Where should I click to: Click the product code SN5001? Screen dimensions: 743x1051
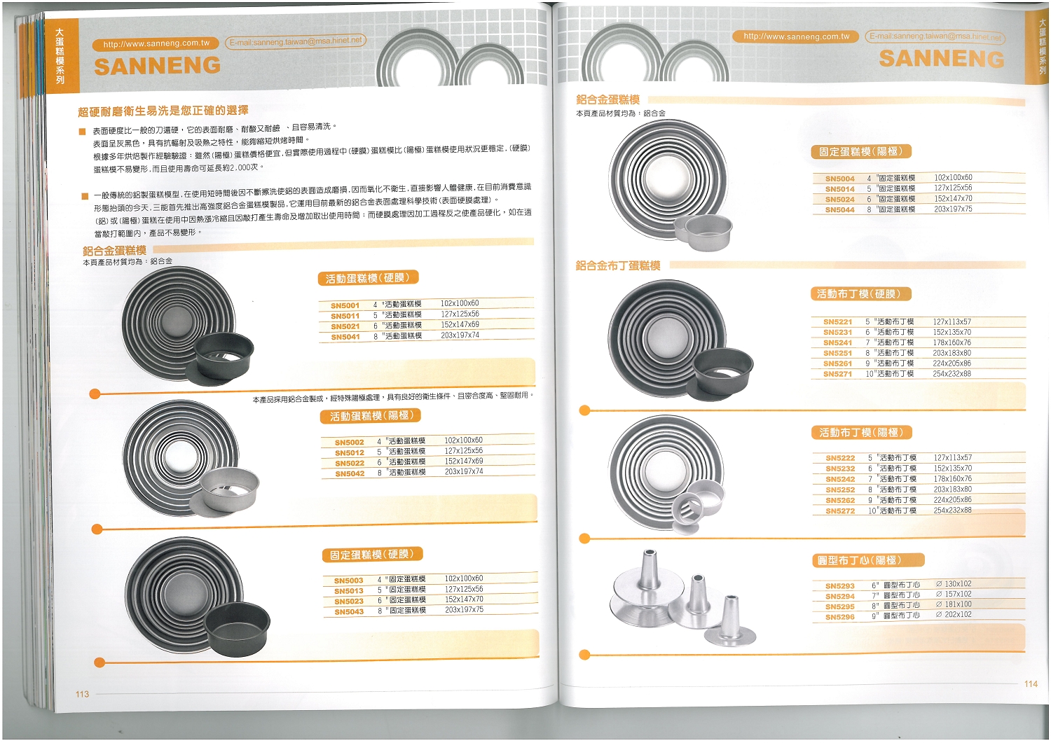pos(345,305)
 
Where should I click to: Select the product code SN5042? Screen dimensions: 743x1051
pos(350,474)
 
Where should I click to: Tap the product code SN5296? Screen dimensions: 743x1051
pos(839,618)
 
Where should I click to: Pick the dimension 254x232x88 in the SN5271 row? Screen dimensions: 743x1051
pos(952,374)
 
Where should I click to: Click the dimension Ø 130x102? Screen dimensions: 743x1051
pos(954,584)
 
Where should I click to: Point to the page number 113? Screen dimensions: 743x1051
pos(82,695)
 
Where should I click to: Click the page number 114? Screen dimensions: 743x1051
pos(1031,684)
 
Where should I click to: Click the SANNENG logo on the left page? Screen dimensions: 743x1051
pos(157,66)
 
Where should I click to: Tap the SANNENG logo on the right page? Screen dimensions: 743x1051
pos(941,59)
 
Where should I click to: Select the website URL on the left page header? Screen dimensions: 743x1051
pos(156,43)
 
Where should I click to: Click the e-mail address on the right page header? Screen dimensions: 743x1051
pos(935,36)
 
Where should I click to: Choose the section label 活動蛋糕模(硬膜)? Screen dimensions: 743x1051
pos(368,278)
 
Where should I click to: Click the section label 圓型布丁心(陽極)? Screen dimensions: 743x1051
pos(867,560)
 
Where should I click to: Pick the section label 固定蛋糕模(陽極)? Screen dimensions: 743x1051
pos(861,151)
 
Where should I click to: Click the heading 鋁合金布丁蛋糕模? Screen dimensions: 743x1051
pos(618,265)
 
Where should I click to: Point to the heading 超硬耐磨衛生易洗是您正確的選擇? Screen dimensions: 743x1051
pos(163,111)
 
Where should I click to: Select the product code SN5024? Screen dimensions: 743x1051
pos(839,200)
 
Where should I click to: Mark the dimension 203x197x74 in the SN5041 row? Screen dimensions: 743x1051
pos(460,335)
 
